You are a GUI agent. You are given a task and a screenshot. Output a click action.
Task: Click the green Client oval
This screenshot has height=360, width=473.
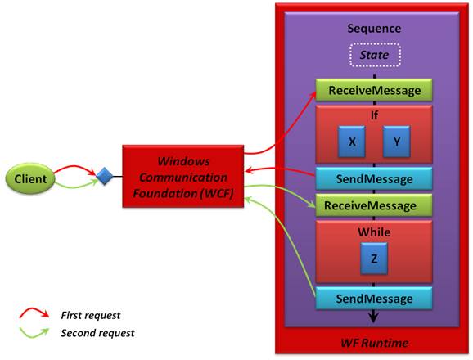tap(30, 178)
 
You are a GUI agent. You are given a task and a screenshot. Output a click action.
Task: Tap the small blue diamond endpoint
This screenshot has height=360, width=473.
tap(105, 177)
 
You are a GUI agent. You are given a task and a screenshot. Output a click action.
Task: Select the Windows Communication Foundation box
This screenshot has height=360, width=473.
tap(183, 177)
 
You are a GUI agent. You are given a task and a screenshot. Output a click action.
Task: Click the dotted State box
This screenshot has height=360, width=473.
tap(375, 55)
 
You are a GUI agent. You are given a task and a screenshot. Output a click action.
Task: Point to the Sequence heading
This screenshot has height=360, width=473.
tap(374, 29)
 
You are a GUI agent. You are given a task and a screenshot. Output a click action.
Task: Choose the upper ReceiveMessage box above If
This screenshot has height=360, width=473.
tap(374, 90)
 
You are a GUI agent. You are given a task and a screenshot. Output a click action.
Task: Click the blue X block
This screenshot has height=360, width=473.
tap(352, 142)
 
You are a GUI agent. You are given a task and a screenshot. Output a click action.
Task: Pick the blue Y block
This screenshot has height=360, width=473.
tap(397, 142)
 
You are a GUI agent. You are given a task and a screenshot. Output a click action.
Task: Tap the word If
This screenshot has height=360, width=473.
tap(374, 115)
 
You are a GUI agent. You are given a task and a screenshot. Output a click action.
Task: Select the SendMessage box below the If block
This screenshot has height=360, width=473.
tap(374, 179)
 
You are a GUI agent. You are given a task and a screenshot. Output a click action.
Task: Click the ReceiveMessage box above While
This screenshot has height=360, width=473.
tap(374, 205)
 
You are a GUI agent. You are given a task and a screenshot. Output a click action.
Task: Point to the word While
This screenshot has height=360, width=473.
tap(374, 232)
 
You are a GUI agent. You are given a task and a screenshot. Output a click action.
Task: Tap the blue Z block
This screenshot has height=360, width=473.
tap(374, 259)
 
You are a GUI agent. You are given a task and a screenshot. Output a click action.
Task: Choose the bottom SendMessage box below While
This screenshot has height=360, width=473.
tap(374, 299)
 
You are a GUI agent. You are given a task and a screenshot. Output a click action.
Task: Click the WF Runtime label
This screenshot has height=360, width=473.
tap(375, 343)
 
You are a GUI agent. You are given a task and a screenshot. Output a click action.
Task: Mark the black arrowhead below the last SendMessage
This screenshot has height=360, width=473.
tap(374, 317)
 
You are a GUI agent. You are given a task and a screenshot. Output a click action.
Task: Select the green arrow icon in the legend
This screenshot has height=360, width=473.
tap(34, 333)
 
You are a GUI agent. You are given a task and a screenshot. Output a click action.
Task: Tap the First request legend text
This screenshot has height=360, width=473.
tap(91, 315)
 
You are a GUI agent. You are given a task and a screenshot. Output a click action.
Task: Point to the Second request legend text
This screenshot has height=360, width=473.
tap(97, 333)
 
